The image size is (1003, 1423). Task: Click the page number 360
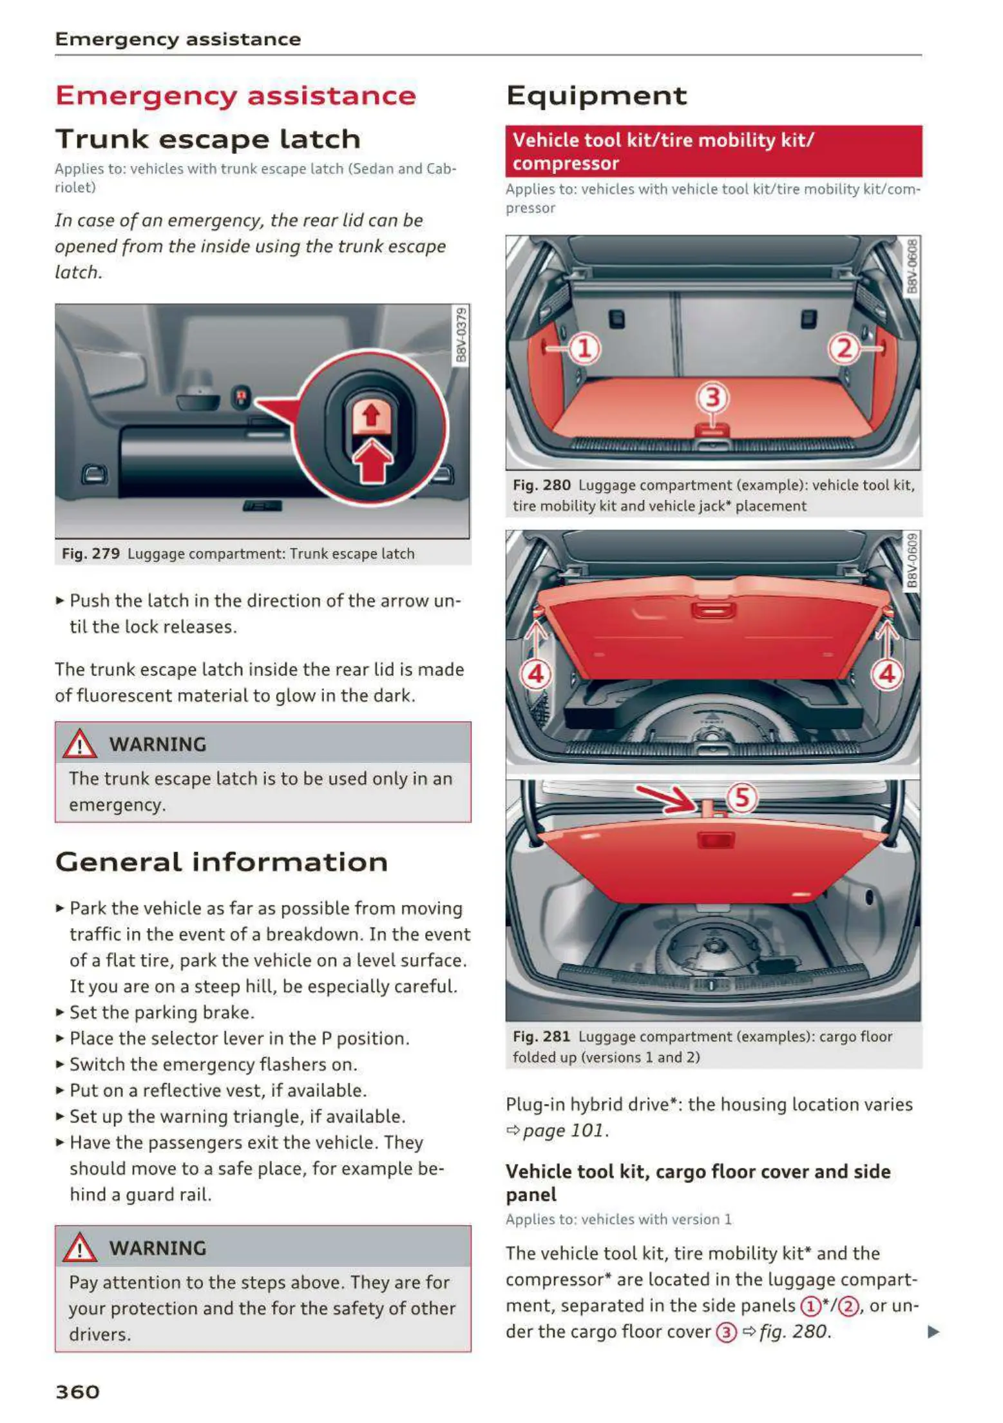tap(77, 1391)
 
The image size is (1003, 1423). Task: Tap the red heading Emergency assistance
tap(236, 95)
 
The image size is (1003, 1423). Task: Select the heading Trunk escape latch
tap(207, 139)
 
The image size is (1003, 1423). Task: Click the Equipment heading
tap(597, 95)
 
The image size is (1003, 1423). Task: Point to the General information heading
tap(222, 862)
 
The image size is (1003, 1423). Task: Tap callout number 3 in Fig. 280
tap(712, 398)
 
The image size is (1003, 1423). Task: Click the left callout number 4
tap(536, 674)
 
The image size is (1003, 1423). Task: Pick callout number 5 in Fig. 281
tap(742, 797)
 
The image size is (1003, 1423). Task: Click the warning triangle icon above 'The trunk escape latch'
tap(79, 744)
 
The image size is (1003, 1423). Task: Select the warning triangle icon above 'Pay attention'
tap(79, 1248)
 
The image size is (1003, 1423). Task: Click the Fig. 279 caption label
tap(91, 554)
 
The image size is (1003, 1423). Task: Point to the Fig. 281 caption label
tap(541, 1036)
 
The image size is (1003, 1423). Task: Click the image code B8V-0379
tap(461, 335)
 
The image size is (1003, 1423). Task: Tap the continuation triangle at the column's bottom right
tap(933, 1331)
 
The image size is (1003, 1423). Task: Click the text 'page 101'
tap(564, 1130)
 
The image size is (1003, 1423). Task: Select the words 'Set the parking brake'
tap(161, 1012)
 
